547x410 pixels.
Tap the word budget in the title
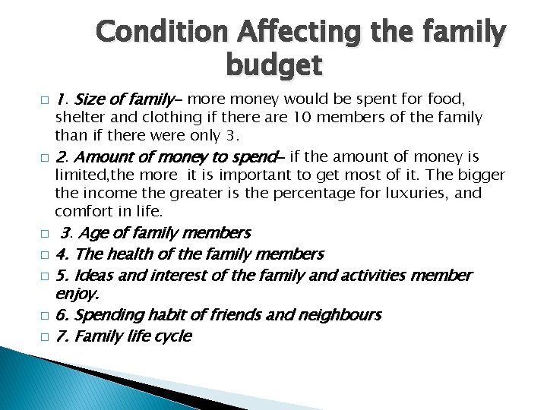[273, 67]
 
